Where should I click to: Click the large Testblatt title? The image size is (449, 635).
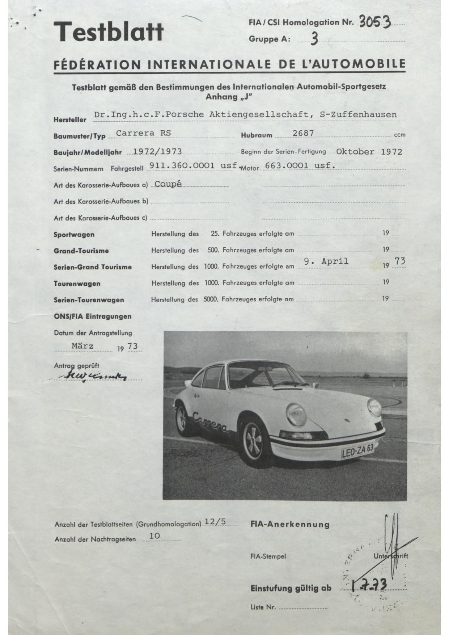[108, 31]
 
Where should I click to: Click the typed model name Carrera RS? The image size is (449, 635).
[143, 133]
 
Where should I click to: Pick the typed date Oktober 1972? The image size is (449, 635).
[369, 152]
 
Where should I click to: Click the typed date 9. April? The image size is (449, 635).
[326, 261]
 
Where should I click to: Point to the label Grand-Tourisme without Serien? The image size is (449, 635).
[81, 251]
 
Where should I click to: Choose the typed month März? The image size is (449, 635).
[82, 346]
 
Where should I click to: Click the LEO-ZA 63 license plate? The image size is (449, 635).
[357, 451]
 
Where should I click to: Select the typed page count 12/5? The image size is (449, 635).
[215, 522]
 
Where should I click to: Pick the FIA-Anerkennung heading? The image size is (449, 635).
[290, 524]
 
